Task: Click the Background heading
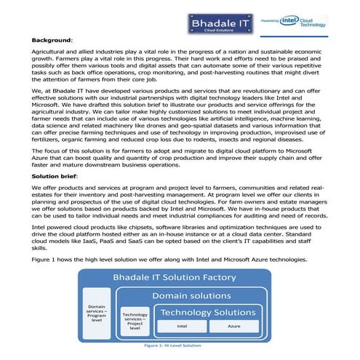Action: point(52,40)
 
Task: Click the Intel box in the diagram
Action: point(183,327)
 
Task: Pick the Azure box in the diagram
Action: point(234,327)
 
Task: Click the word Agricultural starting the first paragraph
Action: point(49,54)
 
